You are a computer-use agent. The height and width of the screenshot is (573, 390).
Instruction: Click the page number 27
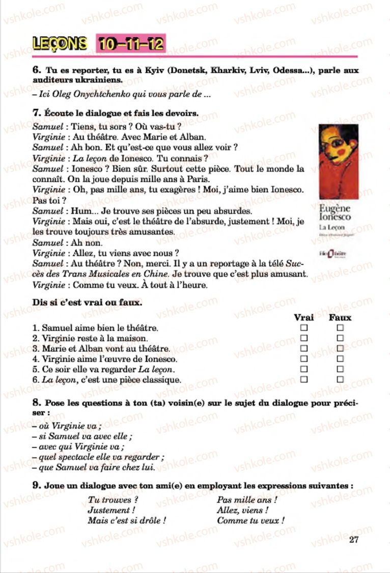coord(354,539)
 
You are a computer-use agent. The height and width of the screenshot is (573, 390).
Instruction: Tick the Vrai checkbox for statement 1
coord(304,328)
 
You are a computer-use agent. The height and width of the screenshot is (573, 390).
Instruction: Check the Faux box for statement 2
coord(340,338)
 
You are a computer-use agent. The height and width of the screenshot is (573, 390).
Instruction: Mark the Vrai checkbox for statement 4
coord(304,359)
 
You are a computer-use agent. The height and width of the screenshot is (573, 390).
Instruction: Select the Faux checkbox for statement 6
coord(340,379)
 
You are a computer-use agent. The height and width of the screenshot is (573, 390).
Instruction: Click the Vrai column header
coord(304,317)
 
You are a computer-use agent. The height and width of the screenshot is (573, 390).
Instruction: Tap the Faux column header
coord(340,317)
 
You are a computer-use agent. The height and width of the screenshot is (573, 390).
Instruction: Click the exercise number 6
coord(36,71)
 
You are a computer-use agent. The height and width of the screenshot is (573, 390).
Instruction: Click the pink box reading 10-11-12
coord(130,44)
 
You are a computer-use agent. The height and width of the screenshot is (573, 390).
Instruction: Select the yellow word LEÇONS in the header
coord(59,44)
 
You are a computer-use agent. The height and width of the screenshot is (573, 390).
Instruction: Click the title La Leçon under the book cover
coord(329,227)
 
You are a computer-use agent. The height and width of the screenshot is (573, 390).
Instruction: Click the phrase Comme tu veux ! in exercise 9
coord(250,520)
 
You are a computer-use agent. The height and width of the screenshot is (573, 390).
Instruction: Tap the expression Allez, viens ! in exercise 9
coord(243,510)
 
